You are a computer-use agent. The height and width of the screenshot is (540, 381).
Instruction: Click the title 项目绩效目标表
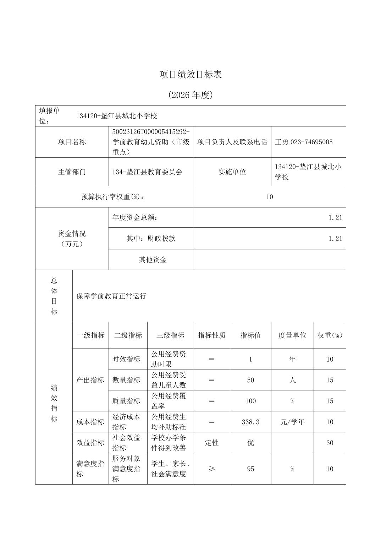point(190,75)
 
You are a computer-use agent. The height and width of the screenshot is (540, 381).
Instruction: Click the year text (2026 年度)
point(190,95)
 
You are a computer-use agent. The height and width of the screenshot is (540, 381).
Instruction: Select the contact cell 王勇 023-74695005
point(304,142)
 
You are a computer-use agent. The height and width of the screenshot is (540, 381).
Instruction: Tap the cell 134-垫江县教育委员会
point(147,172)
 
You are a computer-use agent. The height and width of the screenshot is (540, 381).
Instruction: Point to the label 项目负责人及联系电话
point(232,142)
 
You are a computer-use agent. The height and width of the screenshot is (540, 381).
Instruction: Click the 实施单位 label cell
point(232,172)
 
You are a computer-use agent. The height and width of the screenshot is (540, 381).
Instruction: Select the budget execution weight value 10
point(270,197)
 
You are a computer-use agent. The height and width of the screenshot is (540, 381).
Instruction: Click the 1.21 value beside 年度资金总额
point(335,217)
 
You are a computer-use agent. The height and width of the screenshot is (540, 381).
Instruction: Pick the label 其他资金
point(153,260)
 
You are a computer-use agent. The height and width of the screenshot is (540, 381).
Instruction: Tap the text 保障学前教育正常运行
point(111,296)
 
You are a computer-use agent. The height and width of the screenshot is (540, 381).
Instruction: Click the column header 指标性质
point(211,335)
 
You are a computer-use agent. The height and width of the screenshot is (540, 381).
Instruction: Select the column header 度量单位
point(292,335)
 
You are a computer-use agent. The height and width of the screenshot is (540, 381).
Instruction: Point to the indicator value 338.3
point(250,422)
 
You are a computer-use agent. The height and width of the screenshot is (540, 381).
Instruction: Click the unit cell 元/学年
point(292,422)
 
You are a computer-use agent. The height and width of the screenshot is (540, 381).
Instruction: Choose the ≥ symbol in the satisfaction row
point(212,469)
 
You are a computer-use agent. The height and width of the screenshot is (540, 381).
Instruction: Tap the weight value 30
point(330,443)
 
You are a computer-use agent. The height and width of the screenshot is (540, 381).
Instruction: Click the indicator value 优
point(250,443)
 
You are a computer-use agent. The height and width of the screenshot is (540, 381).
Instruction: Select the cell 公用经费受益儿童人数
point(169,380)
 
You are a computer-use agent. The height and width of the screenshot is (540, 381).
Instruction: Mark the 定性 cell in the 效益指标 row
point(212,443)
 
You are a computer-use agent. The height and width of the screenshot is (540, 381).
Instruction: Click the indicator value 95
point(250,469)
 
